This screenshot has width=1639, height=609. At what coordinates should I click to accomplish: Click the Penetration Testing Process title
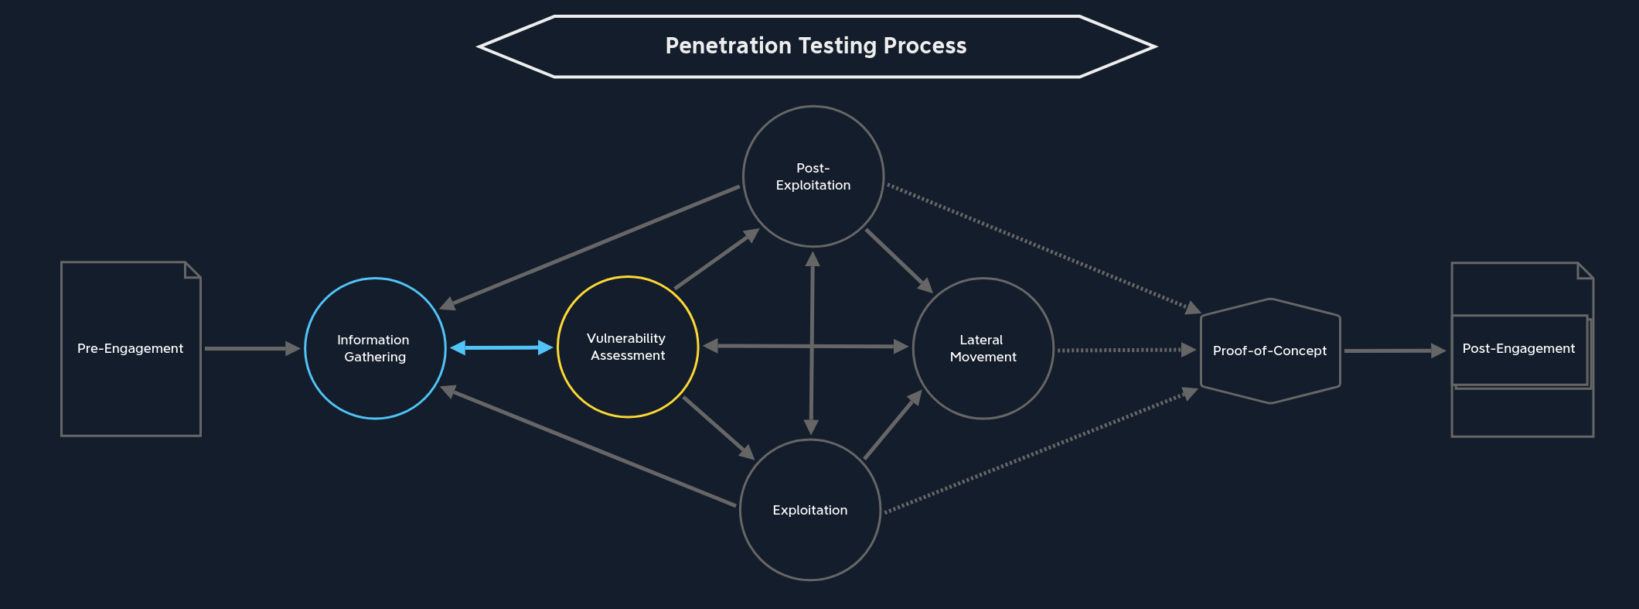click(x=816, y=46)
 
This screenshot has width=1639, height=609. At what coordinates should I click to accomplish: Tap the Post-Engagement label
click(x=1518, y=348)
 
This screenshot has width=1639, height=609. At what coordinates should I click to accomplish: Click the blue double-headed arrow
click(x=502, y=348)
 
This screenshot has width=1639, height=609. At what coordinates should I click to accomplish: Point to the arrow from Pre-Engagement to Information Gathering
click(x=251, y=349)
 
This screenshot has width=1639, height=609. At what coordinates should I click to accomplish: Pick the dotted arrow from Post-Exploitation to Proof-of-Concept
click(x=1040, y=247)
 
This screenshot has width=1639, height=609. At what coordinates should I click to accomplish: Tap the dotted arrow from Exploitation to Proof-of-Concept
click(x=1040, y=451)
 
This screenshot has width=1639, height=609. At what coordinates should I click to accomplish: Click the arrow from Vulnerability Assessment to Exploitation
click(x=717, y=427)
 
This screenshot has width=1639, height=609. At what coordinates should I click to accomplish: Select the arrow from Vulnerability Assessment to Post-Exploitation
click(x=716, y=260)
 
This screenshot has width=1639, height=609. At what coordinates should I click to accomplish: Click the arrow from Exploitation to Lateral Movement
click(x=892, y=425)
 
